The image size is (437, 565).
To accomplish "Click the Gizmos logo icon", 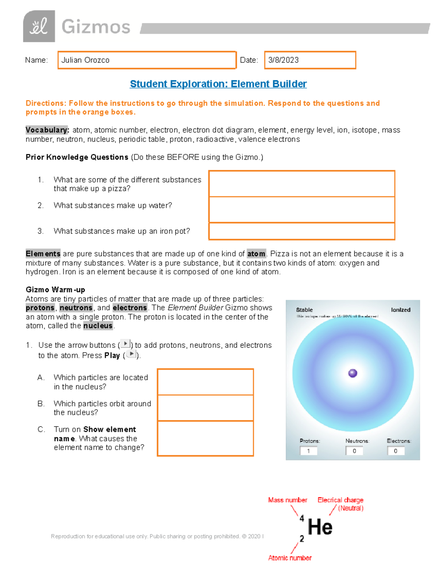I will (x=39, y=26).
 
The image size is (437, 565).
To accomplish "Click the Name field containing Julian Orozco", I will (x=147, y=60).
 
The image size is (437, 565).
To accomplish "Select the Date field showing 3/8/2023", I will (x=310, y=60).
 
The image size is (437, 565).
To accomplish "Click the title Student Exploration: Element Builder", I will (x=218, y=84).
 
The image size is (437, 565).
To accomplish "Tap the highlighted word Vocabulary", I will (x=47, y=130).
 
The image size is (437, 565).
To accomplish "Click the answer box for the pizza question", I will (x=302, y=184).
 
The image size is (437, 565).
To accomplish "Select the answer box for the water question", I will (x=302, y=210).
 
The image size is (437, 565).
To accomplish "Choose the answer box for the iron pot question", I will (x=302, y=231).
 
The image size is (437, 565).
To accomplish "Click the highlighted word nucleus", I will (x=98, y=326).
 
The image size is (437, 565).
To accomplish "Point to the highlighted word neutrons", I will (x=76, y=308).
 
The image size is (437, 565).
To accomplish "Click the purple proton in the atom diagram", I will (x=353, y=373).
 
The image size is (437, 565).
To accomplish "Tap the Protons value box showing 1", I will (x=308, y=451).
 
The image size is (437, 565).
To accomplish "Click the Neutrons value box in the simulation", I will (x=354, y=451).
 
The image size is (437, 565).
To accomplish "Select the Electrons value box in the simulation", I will (x=395, y=451).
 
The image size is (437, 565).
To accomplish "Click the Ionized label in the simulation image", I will (x=401, y=310).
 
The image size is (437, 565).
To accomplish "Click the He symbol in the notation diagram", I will (x=320, y=527).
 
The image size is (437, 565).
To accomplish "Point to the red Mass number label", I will (x=288, y=500).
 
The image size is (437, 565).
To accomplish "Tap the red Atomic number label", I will (x=290, y=558).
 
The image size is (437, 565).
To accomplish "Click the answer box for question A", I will (x=205, y=382).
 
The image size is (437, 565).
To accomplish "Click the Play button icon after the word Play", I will (x=131, y=354).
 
